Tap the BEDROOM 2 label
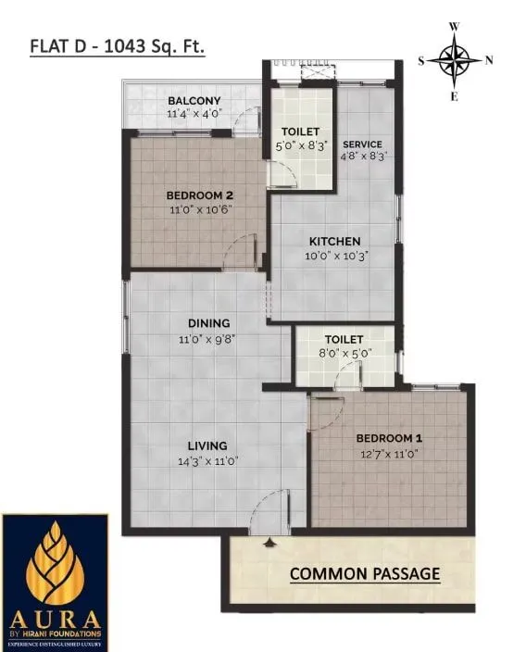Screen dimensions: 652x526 pyautogui.click(x=199, y=195)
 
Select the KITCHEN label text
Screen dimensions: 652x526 pyautogui.click(x=334, y=242)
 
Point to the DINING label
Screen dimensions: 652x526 pyautogui.click(x=208, y=323)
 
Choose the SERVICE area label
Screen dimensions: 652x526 pyautogui.click(x=363, y=144)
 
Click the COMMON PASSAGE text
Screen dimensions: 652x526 pyautogui.click(x=365, y=573)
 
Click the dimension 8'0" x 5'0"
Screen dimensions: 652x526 pyautogui.click(x=344, y=354)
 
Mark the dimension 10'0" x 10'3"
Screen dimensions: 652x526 pyautogui.click(x=334, y=257)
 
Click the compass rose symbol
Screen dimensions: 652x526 pyautogui.click(x=455, y=61)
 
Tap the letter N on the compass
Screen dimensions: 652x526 pyautogui.click(x=490, y=61)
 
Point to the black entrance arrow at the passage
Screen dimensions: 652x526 pyautogui.click(x=269, y=542)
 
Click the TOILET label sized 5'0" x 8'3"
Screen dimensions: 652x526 pyautogui.click(x=301, y=132)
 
